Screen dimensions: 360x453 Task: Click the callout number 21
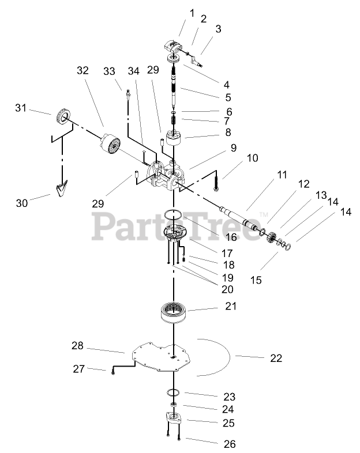231,307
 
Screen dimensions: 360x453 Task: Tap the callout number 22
276,358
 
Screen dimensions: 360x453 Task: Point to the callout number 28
77,346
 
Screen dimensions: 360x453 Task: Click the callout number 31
21,108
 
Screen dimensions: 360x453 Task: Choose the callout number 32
82,71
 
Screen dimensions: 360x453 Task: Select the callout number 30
21,203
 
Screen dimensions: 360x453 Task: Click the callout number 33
110,71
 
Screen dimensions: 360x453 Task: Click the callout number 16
216,237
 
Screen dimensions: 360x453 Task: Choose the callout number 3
218,29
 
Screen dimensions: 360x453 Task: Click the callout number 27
78,368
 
